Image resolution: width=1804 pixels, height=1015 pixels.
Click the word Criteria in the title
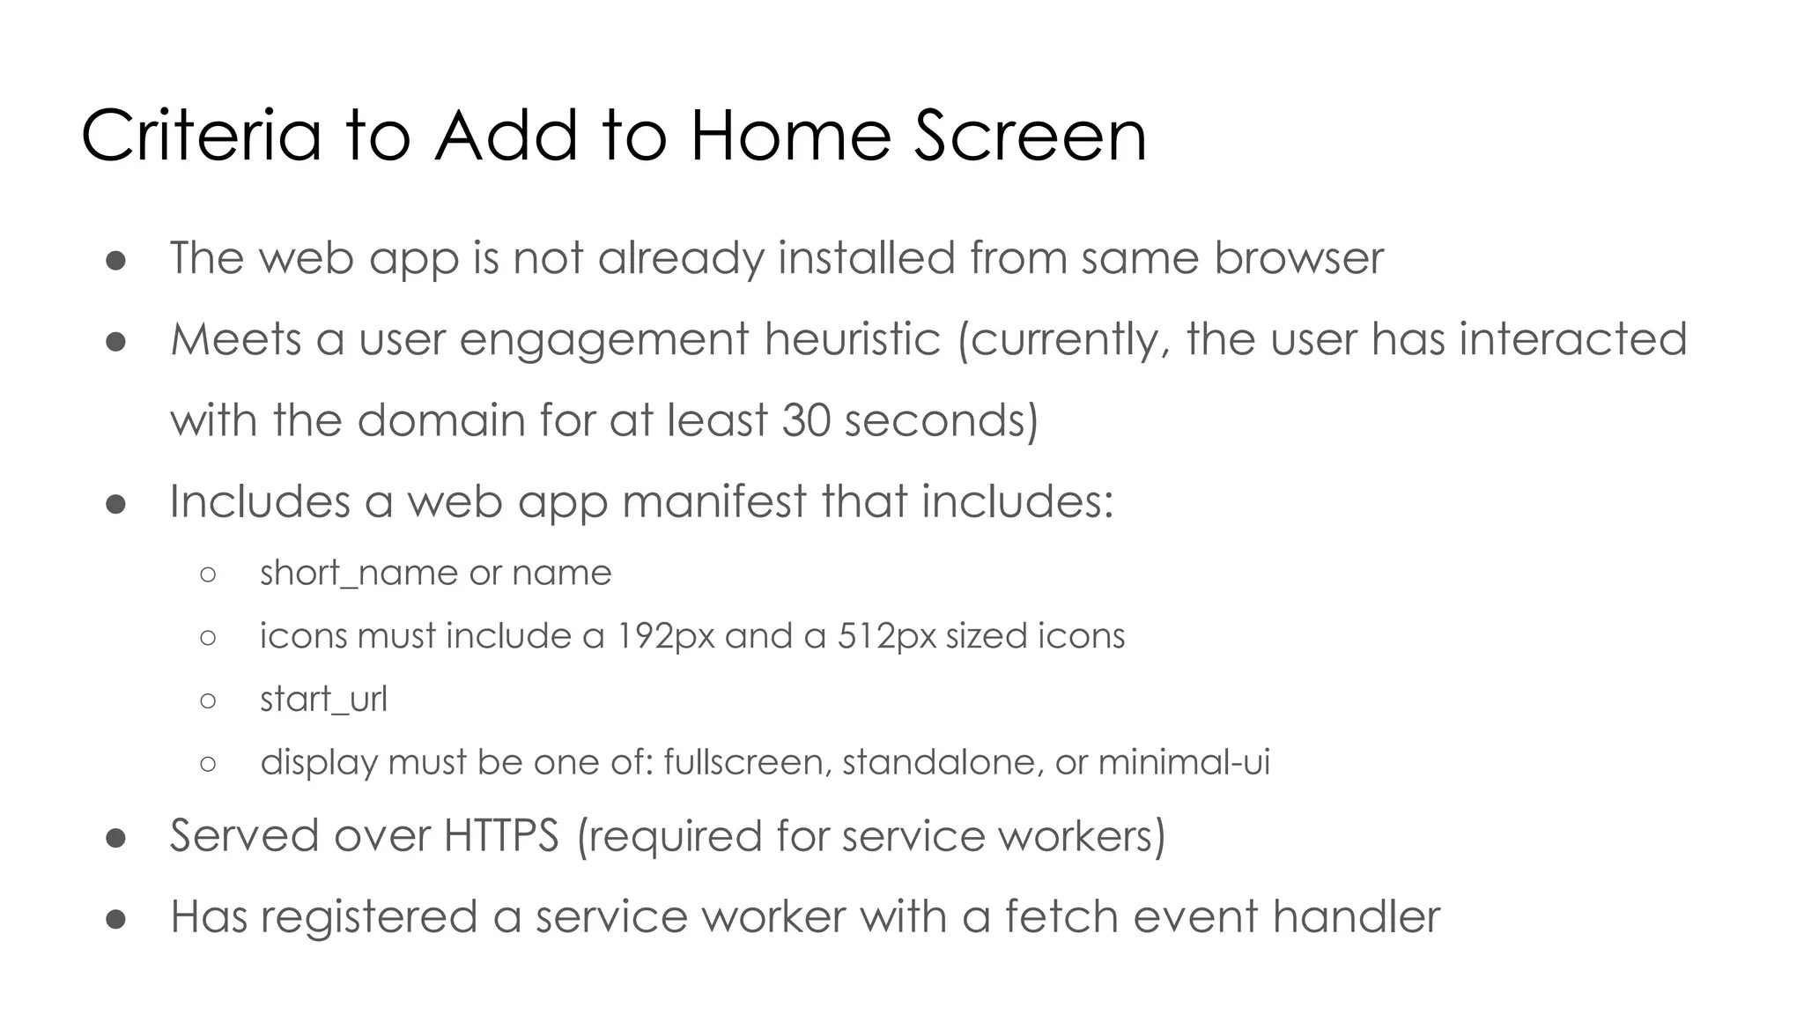(x=201, y=136)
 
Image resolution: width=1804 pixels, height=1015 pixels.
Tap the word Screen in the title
(x=1030, y=136)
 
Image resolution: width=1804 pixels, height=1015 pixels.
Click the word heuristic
(x=852, y=340)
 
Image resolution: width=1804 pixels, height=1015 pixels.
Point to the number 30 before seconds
(x=806, y=420)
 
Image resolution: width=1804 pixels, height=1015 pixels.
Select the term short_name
(x=357, y=574)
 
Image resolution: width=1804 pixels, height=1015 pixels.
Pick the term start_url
(x=323, y=700)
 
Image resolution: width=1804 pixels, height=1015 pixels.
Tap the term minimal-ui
(x=1183, y=762)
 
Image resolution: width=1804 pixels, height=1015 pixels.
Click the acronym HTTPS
(x=500, y=835)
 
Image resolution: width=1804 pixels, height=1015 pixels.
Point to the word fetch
(x=1061, y=916)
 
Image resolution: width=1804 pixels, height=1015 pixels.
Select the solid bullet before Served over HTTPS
(x=115, y=838)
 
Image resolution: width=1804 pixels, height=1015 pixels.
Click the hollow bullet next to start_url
(x=208, y=701)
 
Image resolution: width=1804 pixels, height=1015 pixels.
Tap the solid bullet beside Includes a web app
(x=115, y=504)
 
